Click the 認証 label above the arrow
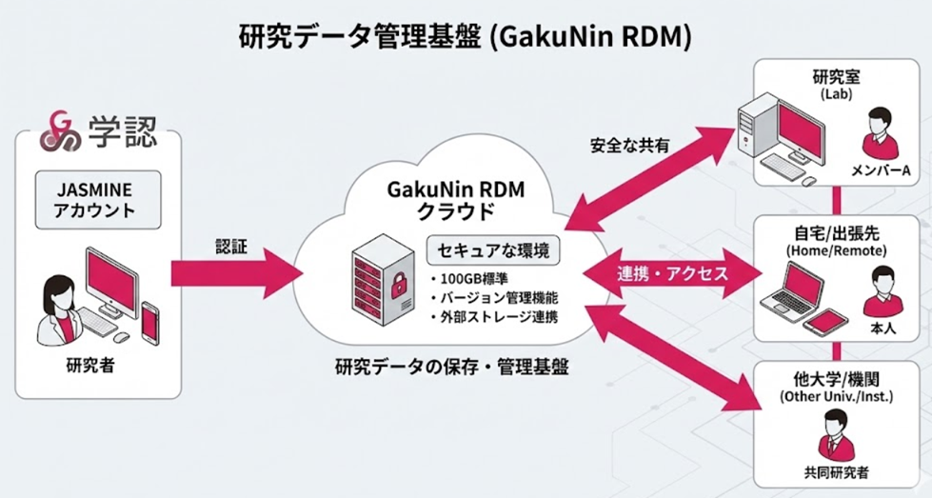click(231, 246)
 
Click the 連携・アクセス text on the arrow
click(673, 273)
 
